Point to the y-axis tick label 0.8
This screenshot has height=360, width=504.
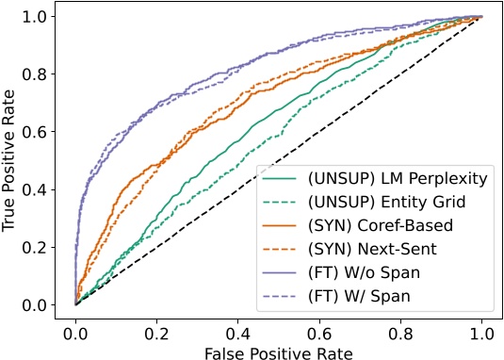click(44, 74)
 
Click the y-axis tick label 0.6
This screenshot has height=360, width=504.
click(44, 132)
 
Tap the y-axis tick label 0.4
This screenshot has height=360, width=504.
click(44, 189)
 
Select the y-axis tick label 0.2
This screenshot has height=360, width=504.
click(44, 247)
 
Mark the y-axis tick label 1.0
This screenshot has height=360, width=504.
click(44, 17)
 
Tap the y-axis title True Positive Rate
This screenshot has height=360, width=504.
click(13, 160)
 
